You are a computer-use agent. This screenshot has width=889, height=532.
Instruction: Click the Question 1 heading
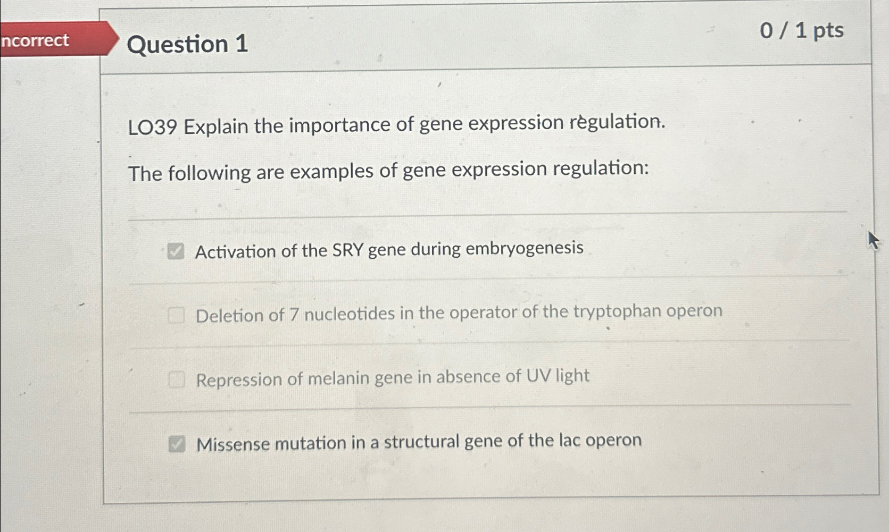click(x=187, y=44)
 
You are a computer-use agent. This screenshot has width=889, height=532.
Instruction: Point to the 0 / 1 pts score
click(x=801, y=30)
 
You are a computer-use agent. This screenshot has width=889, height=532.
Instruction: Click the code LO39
click(x=152, y=128)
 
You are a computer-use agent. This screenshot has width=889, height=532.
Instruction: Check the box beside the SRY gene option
click(x=176, y=251)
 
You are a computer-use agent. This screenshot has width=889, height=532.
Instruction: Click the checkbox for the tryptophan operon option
click(x=176, y=315)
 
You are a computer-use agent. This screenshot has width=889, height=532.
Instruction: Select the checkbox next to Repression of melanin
click(x=176, y=379)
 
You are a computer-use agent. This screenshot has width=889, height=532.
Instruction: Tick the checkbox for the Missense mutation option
click(x=177, y=443)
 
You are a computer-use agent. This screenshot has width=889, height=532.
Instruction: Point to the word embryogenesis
click(x=524, y=248)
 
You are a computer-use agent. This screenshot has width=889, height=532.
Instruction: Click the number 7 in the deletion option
click(x=294, y=315)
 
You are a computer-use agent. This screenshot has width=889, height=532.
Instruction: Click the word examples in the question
click(x=323, y=172)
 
